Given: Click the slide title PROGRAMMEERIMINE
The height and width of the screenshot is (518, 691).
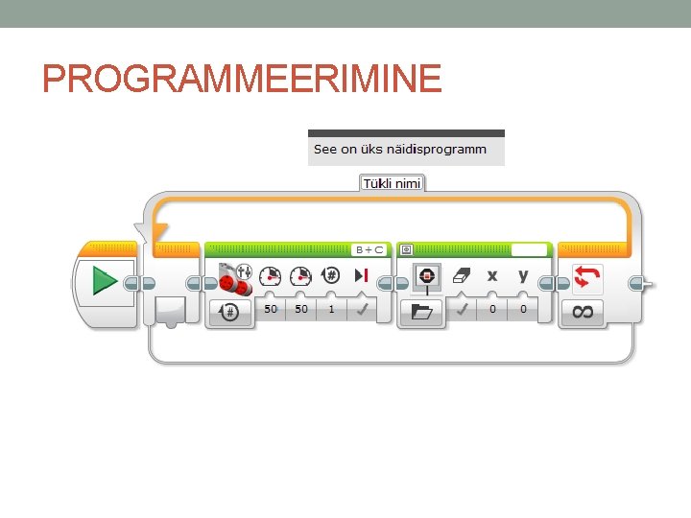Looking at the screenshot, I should [242, 77].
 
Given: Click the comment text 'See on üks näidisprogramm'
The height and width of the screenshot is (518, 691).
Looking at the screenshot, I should [399, 150].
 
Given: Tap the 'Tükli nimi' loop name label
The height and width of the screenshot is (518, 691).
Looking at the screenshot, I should [391, 182].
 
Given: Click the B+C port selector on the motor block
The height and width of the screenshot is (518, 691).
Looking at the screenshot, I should [369, 249].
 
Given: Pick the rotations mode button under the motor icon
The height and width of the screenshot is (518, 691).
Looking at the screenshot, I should [230, 311].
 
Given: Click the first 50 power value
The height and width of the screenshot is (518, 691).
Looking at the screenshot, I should [272, 310].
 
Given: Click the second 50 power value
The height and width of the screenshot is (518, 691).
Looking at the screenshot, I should [301, 310].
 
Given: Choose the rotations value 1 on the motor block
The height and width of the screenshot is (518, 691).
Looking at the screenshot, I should [331, 310].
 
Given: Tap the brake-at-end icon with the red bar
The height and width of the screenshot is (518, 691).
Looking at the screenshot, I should [362, 276].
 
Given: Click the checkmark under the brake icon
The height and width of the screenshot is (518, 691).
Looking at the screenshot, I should [362, 310].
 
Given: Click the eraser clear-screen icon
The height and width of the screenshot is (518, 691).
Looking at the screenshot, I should [461, 276].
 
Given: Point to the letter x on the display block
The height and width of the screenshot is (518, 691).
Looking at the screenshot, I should [492, 276].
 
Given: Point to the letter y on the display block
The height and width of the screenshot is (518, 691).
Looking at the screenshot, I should [523, 276].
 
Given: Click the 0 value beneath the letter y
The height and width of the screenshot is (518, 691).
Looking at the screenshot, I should [523, 310].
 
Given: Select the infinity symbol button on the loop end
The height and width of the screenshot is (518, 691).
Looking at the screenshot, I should [583, 311].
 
